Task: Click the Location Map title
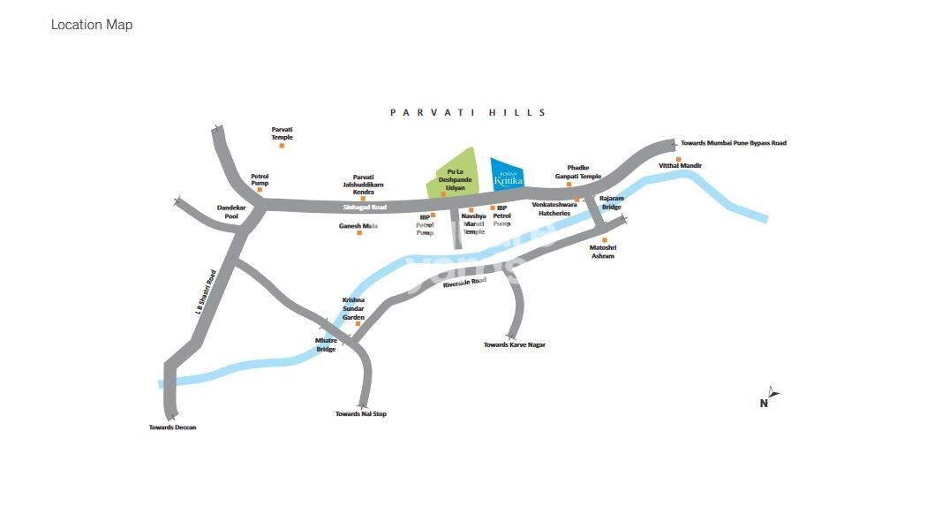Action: point(92,25)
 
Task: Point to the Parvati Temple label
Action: point(282,133)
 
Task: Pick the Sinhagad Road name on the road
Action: point(365,208)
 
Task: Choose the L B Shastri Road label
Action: point(206,292)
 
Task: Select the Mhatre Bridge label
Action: point(326,344)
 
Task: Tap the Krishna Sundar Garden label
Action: point(353,308)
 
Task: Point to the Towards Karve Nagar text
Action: point(515,344)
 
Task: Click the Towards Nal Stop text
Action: point(360,414)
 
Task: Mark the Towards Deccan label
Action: point(172,427)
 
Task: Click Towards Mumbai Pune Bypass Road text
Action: point(733,143)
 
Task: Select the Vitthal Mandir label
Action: point(680,166)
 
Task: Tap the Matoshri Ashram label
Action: point(603,252)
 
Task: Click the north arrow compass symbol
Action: point(772,393)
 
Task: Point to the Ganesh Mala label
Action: point(358,226)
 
